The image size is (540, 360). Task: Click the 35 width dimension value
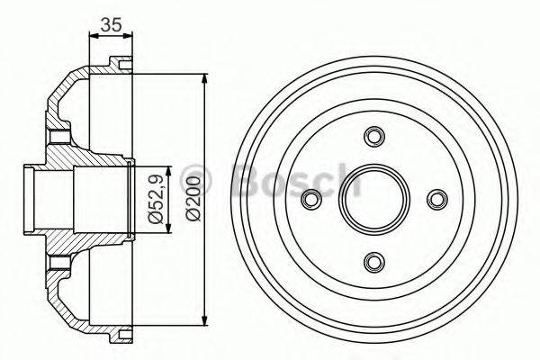click(111, 25)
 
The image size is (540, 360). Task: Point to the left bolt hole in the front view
click(312, 199)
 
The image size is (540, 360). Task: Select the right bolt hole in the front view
click(437, 199)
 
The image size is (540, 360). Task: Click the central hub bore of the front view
click(374, 199)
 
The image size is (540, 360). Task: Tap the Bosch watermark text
click(297, 180)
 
